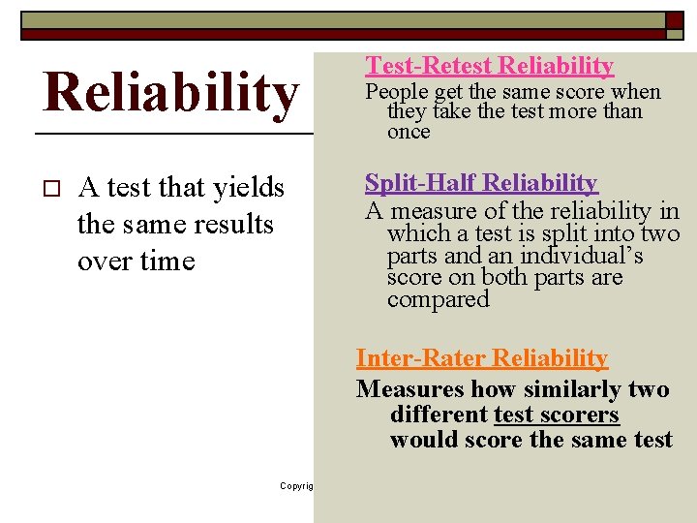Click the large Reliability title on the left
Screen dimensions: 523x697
(170, 93)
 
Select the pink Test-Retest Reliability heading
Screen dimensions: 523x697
(489, 66)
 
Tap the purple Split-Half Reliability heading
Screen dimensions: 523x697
(481, 183)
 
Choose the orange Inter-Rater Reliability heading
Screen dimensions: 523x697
(481, 358)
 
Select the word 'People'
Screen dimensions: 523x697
(397, 93)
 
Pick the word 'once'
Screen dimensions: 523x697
(409, 132)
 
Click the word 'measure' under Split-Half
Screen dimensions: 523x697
(424, 211)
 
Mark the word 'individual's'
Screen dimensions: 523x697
(582, 256)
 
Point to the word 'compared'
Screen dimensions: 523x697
(439, 299)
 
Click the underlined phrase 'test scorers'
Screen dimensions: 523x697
(557, 415)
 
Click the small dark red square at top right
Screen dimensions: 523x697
(674, 21)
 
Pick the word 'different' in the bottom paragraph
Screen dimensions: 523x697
(439, 415)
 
